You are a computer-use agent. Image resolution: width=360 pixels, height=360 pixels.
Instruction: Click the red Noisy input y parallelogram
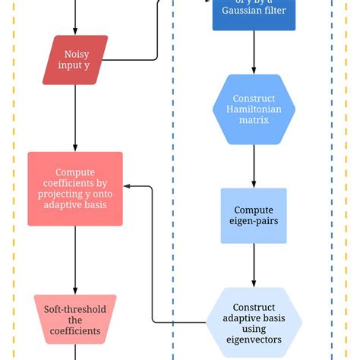click(74, 60)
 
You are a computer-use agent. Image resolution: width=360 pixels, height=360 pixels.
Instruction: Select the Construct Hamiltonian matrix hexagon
click(254, 109)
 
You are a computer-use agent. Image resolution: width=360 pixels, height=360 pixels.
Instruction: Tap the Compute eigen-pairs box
click(254, 216)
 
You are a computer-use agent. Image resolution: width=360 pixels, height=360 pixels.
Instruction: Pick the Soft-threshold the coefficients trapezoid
click(75, 320)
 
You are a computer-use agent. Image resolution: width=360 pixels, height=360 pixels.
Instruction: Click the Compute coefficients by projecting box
click(75, 189)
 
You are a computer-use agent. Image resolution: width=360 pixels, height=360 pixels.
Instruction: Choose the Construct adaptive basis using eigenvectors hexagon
click(254, 322)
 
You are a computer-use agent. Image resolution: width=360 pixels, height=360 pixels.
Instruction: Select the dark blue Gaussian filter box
click(254, 14)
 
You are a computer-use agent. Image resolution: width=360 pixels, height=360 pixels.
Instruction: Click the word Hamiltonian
click(254, 109)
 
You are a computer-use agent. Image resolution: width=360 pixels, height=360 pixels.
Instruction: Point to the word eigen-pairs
click(254, 222)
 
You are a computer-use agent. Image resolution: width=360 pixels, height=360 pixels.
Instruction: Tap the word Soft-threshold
click(75, 309)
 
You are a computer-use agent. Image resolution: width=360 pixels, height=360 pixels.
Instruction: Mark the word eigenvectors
click(254, 339)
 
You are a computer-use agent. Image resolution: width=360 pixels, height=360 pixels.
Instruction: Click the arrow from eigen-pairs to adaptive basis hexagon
click(254, 266)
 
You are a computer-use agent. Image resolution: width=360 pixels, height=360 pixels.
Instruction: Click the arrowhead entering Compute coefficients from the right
click(128, 185)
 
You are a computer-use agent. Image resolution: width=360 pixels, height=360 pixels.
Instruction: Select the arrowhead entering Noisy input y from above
click(75, 31)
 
